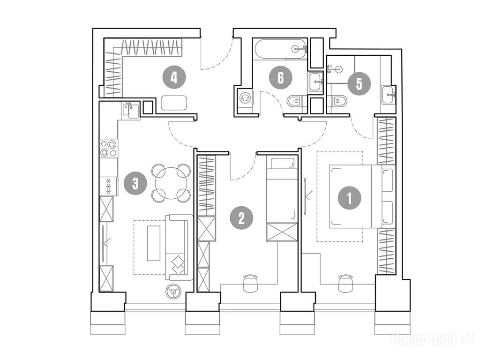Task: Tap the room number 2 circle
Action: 241,217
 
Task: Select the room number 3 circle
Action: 135,183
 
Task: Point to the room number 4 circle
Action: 174,76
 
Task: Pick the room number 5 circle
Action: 359,84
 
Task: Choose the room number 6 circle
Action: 280,77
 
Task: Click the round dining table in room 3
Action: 172,183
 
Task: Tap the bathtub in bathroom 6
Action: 279,49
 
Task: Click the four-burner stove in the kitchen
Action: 109,148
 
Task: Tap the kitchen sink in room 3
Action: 131,111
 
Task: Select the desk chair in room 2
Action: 251,282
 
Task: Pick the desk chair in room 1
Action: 345,282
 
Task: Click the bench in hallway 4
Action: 174,103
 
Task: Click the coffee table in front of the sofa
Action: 154,243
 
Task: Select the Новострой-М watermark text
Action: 432,338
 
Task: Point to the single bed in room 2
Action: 282,199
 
